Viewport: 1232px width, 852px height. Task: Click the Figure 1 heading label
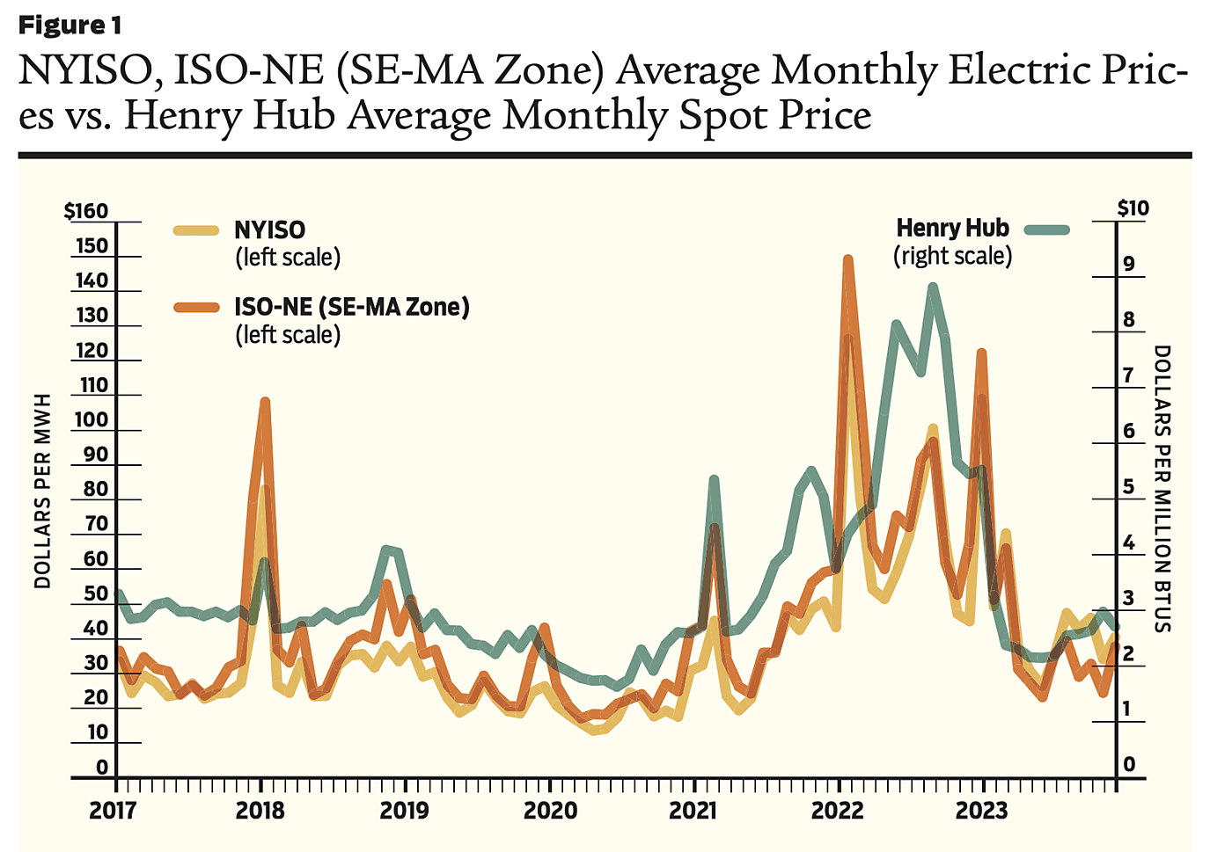coord(70,25)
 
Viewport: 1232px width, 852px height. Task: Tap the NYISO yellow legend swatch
coord(195,230)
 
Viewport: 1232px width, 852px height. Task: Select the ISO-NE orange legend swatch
coord(195,307)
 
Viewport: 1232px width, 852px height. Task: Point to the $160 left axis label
coord(86,211)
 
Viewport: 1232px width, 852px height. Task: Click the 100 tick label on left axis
coord(91,419)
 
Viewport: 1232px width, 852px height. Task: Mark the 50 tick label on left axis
coord(96,593)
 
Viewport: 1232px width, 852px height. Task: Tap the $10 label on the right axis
coord(1133,208)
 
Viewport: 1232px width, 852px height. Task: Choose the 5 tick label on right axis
coord(1129,487)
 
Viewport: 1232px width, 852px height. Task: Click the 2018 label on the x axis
coord(260,811)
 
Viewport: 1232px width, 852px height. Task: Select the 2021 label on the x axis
coord(693,811)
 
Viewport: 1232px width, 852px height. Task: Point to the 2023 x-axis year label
coord(981,811)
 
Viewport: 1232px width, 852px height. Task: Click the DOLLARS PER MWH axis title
coord(42,491)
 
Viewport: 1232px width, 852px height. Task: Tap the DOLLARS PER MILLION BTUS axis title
coord(1162,488)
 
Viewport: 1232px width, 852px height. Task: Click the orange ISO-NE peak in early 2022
coord(848,261)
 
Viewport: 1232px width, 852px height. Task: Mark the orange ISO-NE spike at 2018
coord(265,403)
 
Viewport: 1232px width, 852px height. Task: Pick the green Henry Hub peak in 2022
coord(933,288)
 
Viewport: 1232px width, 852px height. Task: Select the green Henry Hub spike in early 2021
coord(714,480)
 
